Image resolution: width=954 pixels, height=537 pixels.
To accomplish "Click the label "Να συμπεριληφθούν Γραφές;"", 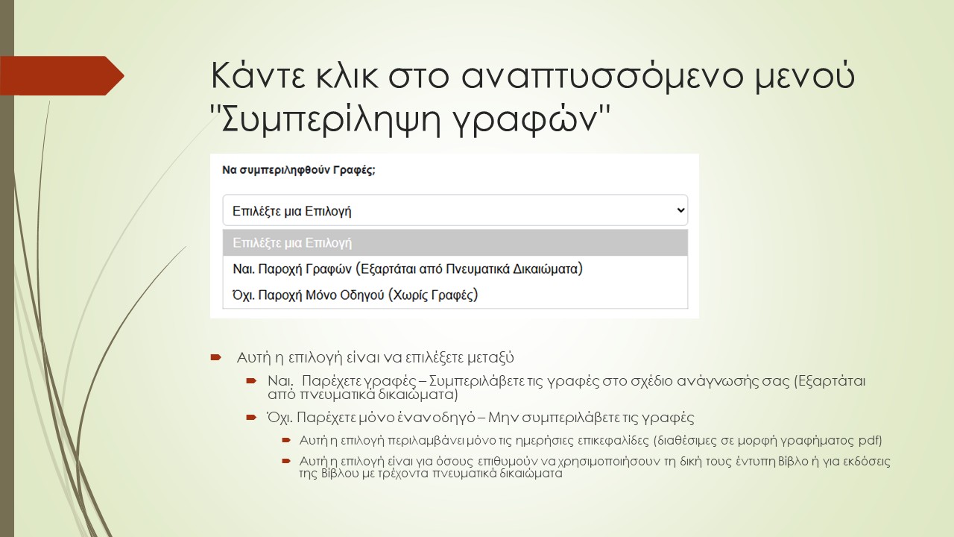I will (299, 170).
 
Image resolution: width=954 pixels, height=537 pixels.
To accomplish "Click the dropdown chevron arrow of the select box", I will (680, 211).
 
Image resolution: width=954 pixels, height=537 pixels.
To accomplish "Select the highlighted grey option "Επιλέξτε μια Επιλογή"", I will (292, 242).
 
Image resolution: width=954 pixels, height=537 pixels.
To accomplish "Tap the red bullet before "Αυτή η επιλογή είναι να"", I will (216, 358).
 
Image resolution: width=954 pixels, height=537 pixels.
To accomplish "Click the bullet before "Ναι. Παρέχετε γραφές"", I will (251, 381).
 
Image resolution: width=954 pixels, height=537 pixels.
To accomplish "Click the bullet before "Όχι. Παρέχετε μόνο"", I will (251, 418).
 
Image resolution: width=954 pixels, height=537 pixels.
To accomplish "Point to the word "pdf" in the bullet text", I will (871, 440).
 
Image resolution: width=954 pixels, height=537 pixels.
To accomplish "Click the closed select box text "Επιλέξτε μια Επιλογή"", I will (292, 211).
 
